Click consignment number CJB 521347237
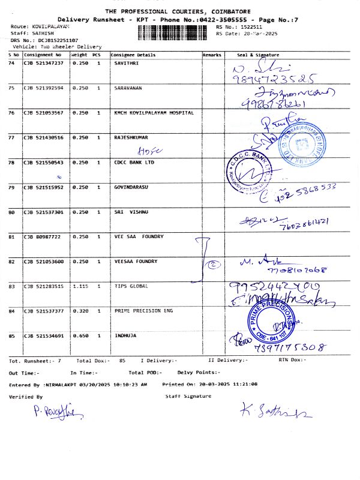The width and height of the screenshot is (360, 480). coord(43,63)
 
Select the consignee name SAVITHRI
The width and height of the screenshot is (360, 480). coord(127,63)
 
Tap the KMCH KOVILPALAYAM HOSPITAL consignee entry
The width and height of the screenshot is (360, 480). coord(154,112)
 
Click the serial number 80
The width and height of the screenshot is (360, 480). coord(11,212)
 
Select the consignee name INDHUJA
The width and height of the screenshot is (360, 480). coord(125,336)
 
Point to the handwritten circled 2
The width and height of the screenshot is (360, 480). coord(212,263)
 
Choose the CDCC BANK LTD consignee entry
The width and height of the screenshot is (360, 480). coord(134,162)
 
